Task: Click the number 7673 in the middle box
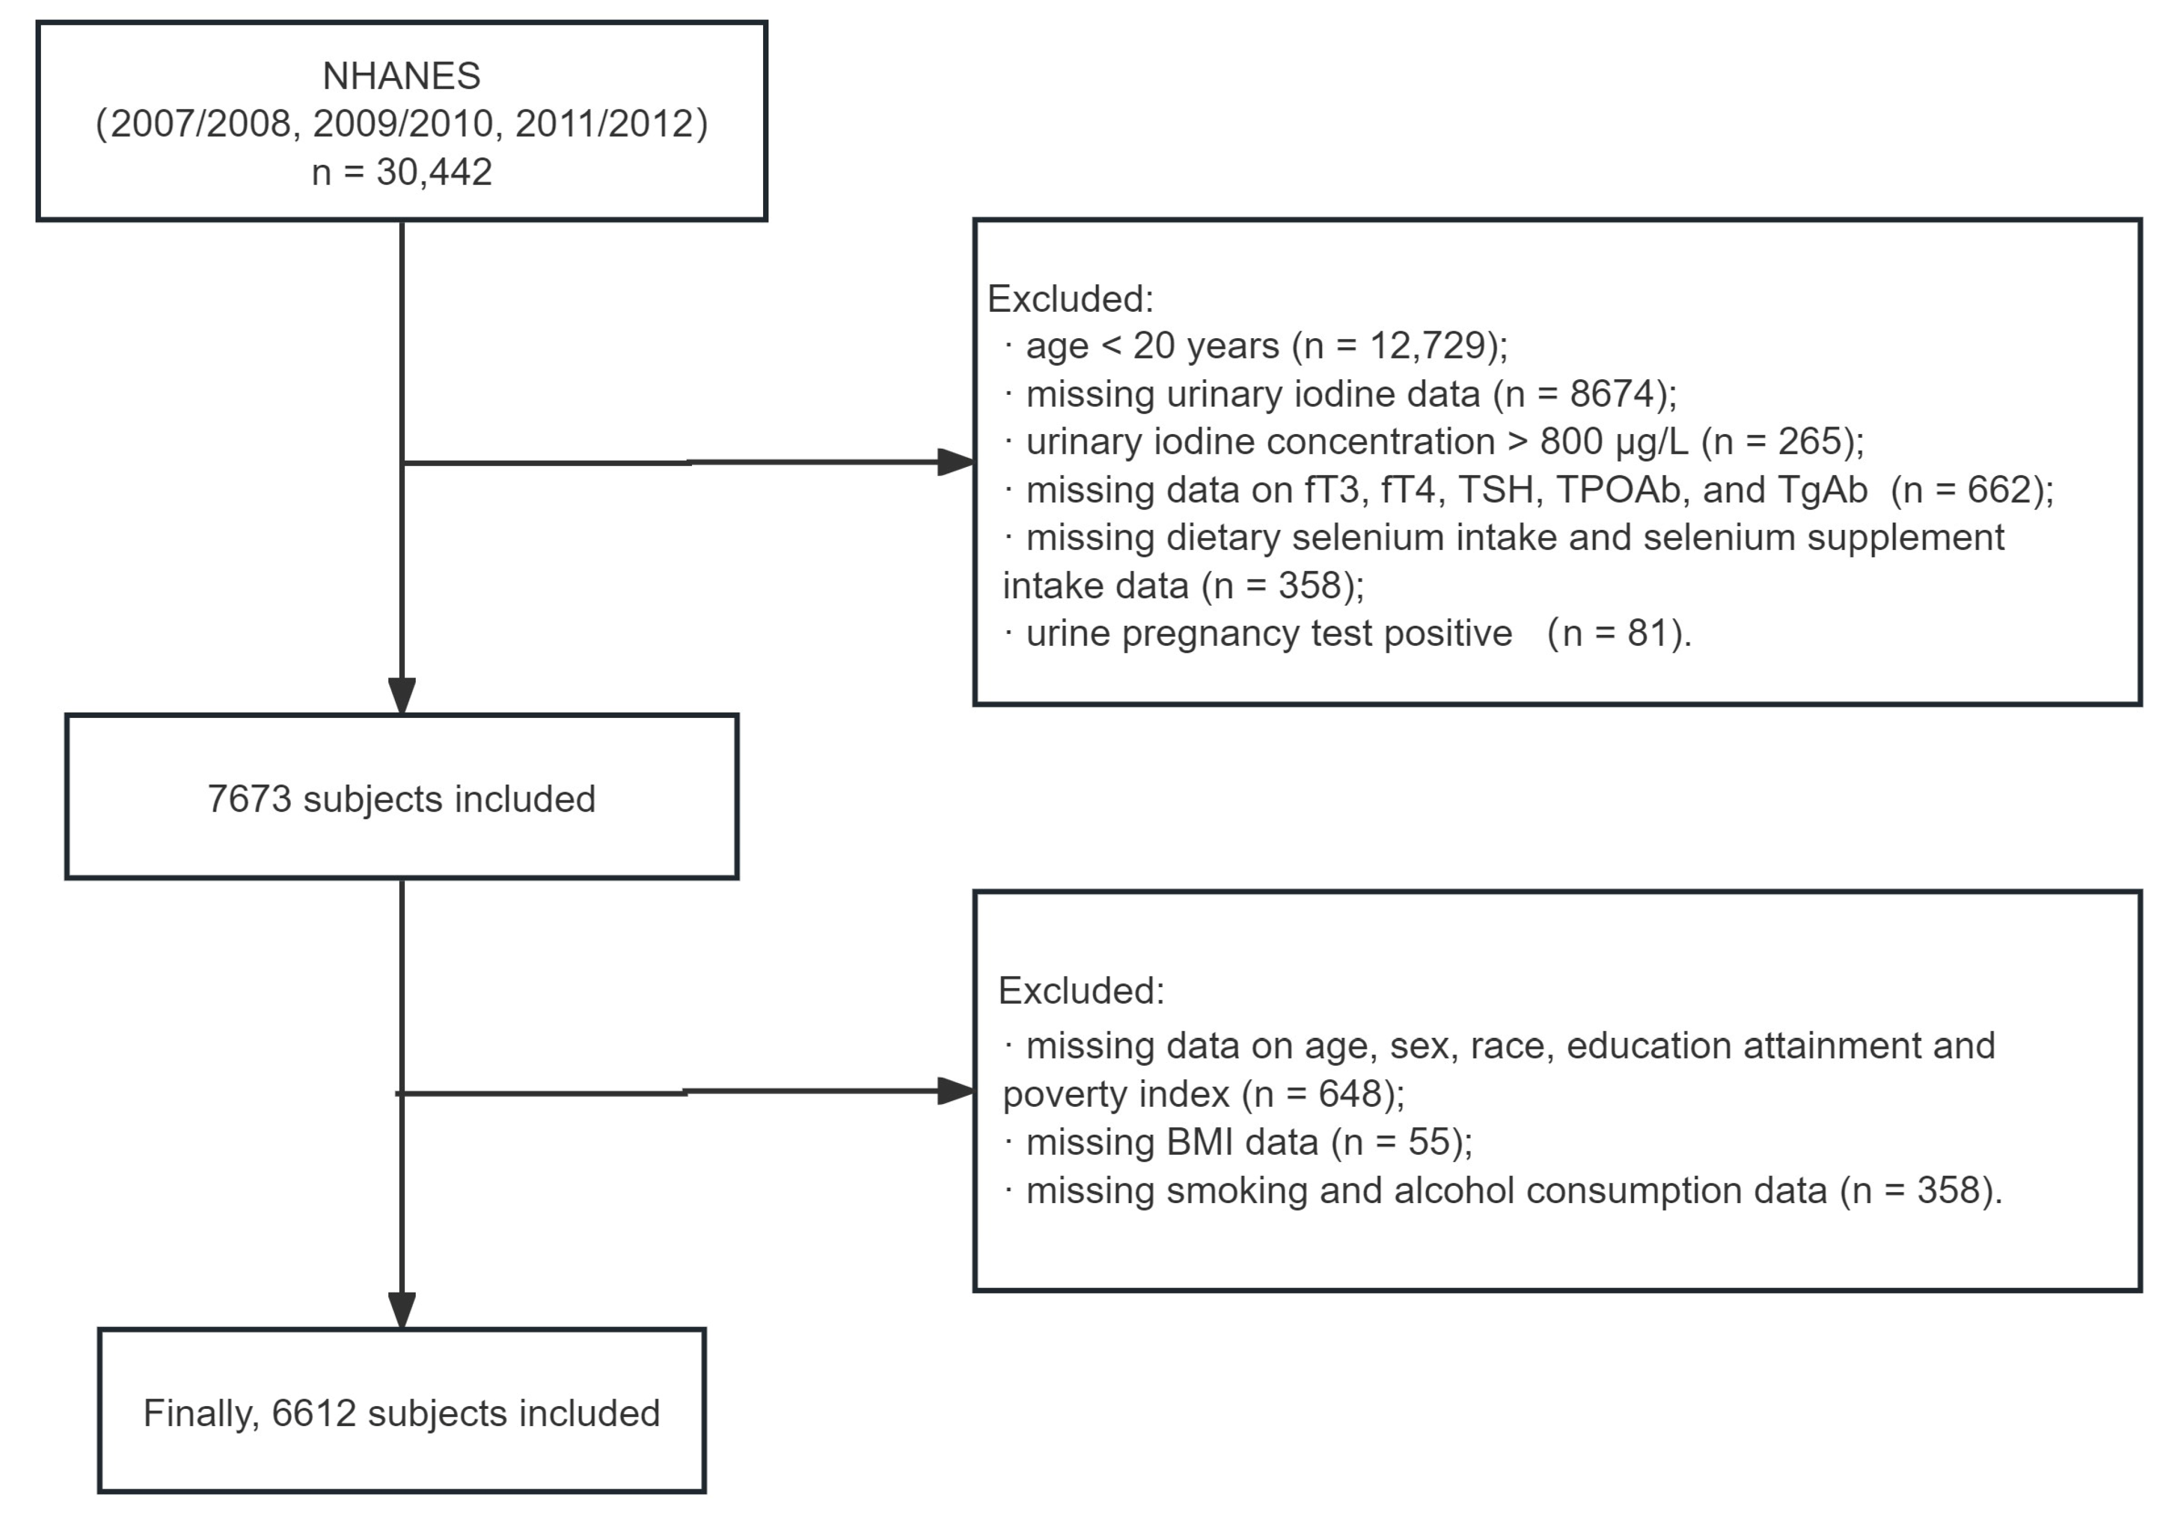coord(249,800)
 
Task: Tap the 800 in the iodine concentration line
coord(1570,442)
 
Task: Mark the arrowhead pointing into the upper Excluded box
coord(955,463)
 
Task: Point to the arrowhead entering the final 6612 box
coord(402,1310)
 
